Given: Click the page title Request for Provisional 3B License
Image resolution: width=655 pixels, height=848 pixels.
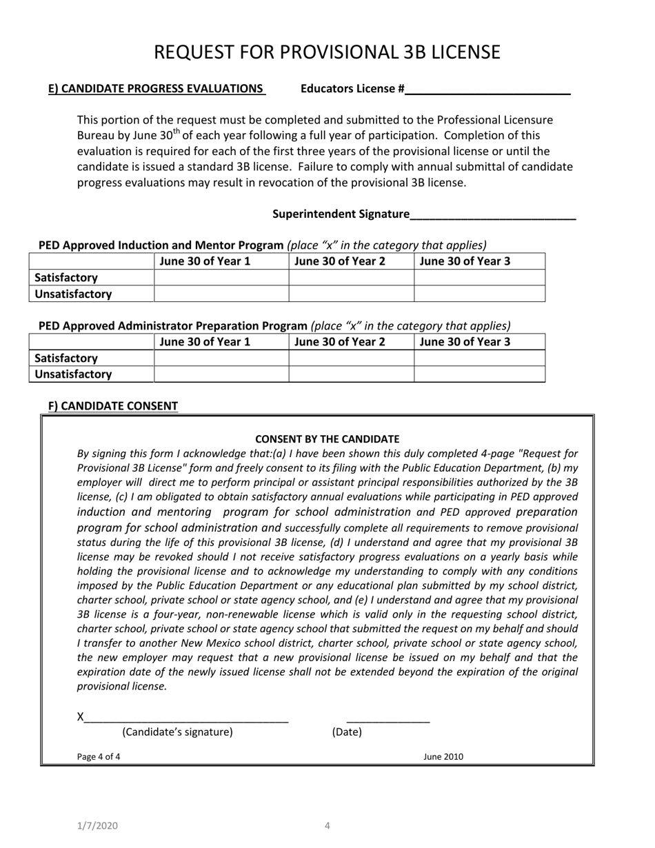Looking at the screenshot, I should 327,52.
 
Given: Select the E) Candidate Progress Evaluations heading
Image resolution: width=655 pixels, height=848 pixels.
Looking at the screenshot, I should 156,88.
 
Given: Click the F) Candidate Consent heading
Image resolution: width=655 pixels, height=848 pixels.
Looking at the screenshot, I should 112,406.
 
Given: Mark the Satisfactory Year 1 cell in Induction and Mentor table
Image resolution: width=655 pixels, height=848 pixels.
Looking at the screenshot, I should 221,278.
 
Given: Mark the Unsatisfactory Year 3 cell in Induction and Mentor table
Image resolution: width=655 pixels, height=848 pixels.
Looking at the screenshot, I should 479,294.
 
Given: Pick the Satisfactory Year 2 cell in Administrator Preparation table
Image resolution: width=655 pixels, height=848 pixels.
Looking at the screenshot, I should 350,359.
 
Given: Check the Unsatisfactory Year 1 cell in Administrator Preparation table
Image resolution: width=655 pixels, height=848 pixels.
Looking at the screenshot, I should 221,374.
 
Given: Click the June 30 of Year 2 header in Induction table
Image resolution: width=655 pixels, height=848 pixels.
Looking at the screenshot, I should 339,261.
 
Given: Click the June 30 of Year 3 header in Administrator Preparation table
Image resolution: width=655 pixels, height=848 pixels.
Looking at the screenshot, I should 465,342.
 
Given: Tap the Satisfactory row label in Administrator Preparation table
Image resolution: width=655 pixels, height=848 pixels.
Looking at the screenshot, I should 66,359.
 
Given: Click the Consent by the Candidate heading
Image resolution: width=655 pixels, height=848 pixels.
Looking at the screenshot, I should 327,438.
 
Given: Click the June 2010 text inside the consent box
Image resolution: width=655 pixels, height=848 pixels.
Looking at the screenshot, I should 443,757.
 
